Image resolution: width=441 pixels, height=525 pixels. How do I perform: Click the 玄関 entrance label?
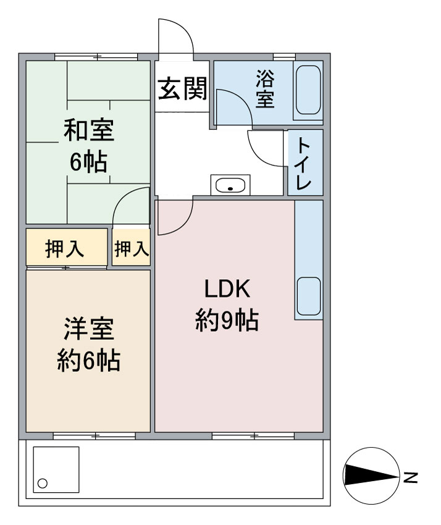[x=182, y=88]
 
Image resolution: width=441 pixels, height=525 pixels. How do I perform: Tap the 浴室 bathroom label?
[x=265, y=88]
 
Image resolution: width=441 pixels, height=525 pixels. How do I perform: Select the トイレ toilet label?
[x=304, y=163]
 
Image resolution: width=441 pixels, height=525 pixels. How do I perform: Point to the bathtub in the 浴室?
[x=308, y=90]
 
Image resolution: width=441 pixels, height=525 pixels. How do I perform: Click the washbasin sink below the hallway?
[x=230, y=185]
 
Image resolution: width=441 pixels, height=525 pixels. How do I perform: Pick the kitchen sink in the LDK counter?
[x=309, y=296]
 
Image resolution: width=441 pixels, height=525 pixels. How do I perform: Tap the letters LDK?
[x=227, y=289]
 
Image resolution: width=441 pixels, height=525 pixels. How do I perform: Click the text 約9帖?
[x=227, y=321]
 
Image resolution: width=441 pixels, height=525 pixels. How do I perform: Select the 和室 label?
[x=89, y=130]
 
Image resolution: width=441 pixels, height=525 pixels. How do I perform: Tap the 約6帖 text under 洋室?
[x=88, y=360]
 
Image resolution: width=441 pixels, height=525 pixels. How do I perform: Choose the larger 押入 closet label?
[x=64, y=249]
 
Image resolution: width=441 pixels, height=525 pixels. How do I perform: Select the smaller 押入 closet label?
[x=132, y=249]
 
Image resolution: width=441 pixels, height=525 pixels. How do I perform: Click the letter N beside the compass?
[x=410, y=477]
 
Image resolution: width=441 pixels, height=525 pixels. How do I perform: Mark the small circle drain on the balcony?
[x=43, y=484]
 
